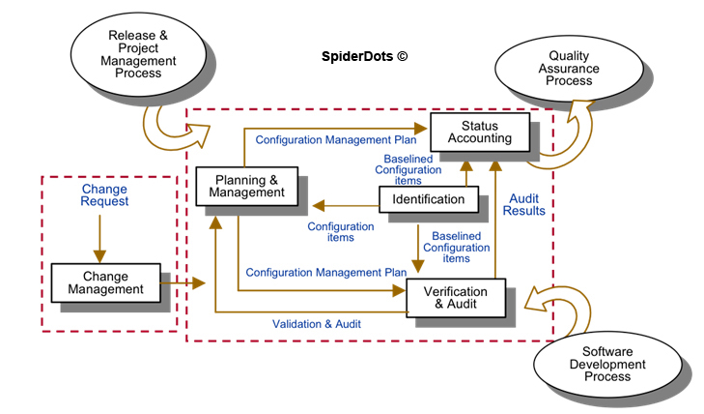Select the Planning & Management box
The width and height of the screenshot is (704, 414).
point(246,185)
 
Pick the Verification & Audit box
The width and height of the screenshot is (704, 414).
point(455,297)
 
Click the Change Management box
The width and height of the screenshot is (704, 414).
point(106,281)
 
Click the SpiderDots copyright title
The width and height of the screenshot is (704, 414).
point(364,57)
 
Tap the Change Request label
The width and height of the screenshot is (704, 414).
point(104,195)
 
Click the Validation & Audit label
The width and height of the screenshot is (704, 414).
point(317,324)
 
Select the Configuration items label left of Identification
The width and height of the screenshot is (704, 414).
point(341,233)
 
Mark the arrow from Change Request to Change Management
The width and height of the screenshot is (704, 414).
point(104,235)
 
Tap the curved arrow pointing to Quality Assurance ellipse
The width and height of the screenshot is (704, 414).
point(560,145)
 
